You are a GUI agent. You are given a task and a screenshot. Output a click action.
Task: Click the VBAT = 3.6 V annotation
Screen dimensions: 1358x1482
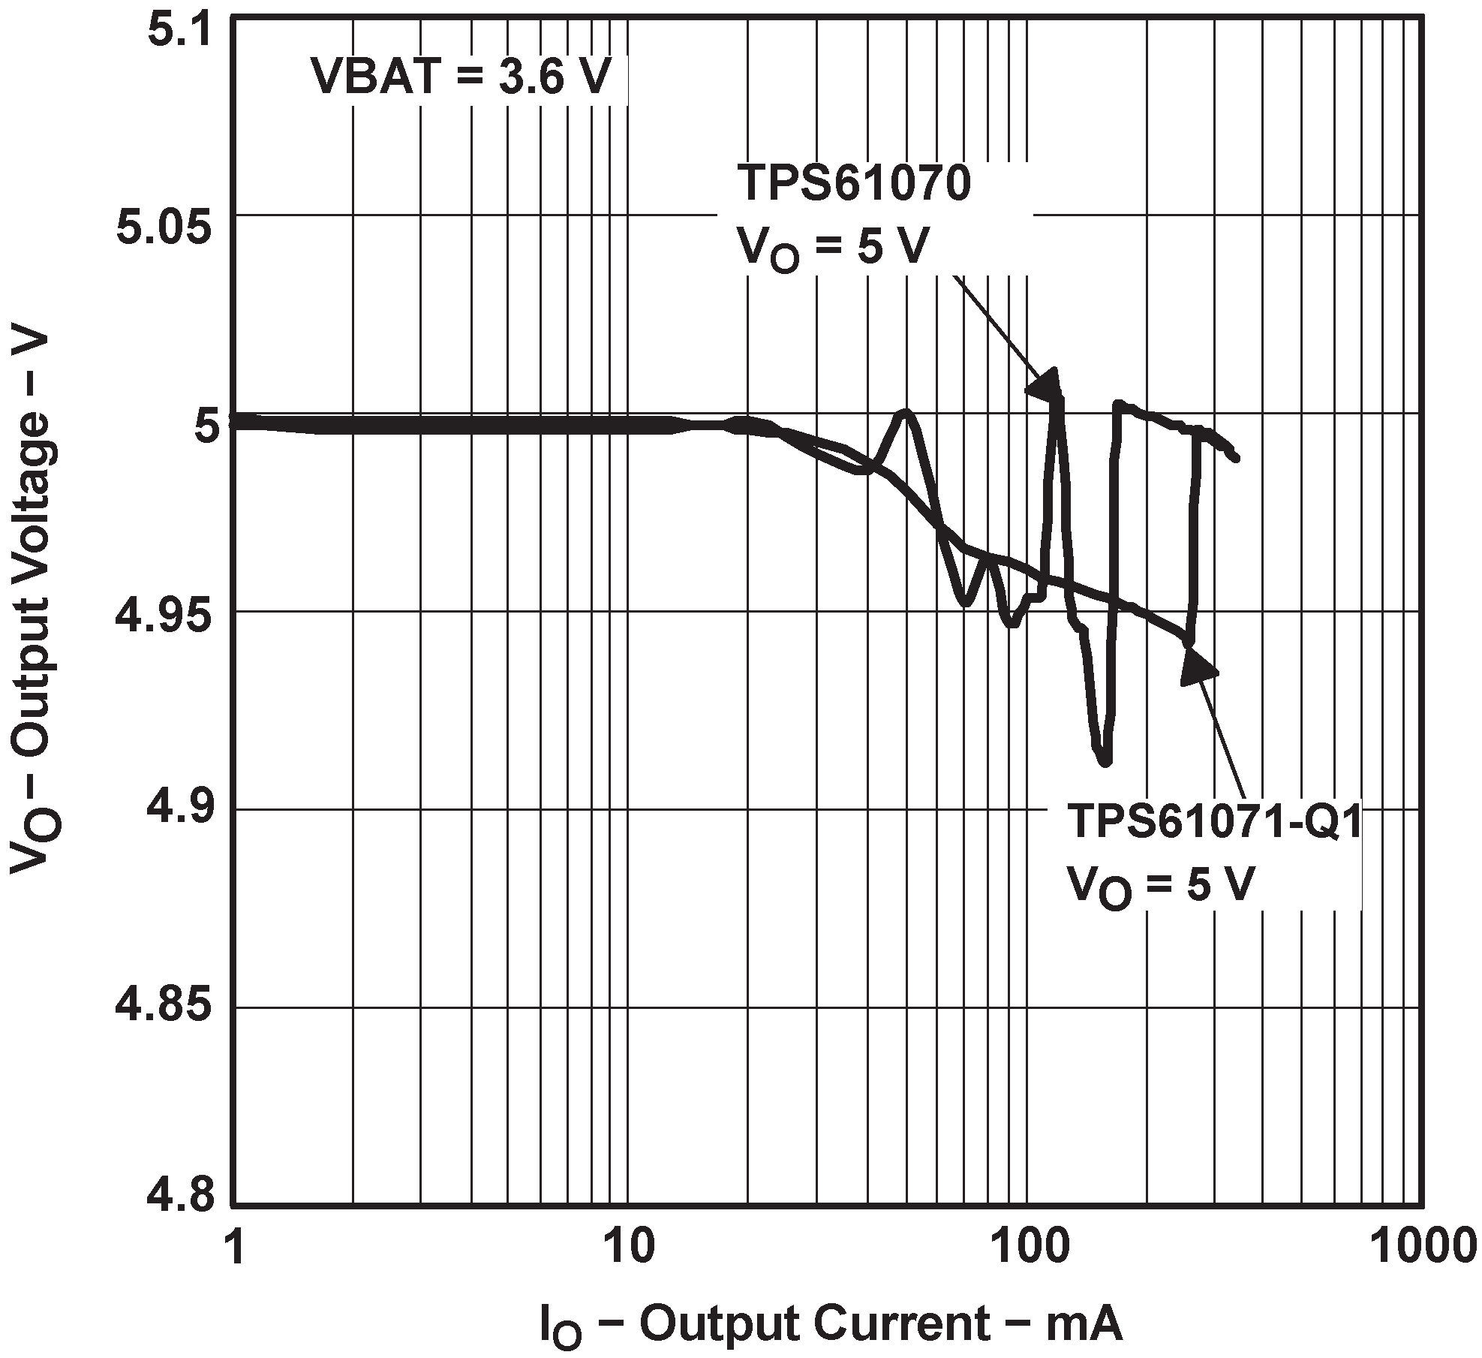(x=461, y=77)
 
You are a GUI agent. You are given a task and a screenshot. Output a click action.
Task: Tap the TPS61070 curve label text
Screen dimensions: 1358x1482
(x=853, y=185)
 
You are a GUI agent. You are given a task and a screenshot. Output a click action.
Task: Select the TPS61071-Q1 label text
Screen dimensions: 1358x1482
(x=1213, y=821)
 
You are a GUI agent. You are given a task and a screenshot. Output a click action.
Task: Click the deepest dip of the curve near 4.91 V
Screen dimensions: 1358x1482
(x=1104, y=761)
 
